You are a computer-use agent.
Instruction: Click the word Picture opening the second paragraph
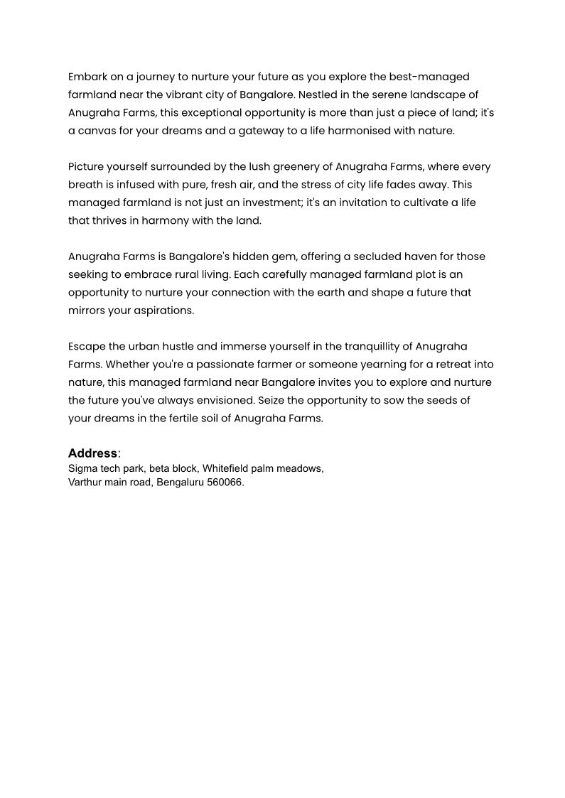pos(87,167)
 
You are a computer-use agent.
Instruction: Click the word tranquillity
pos(377,347)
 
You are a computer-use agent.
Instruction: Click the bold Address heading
pos(92,453)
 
